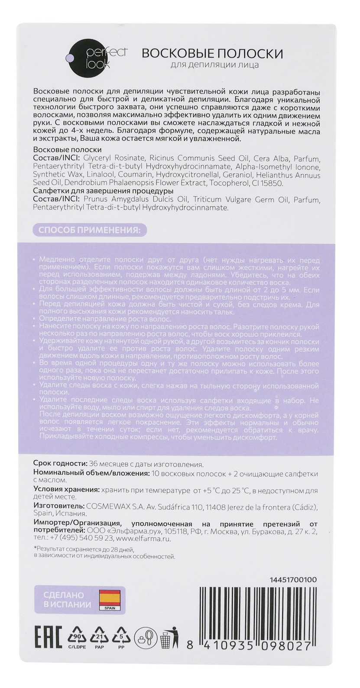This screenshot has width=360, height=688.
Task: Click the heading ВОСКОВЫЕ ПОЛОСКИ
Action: pos(212,54)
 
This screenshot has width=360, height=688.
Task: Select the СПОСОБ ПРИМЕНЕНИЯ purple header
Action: pos(90,229)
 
